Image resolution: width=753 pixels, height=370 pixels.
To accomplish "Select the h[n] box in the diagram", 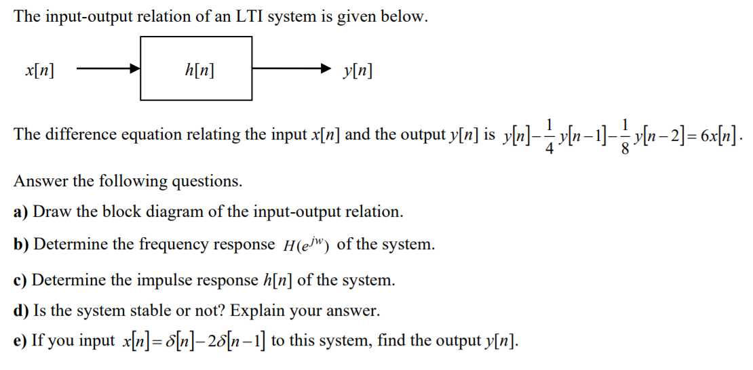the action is (196, 68).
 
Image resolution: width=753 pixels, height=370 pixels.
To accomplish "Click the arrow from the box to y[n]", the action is (292, 68).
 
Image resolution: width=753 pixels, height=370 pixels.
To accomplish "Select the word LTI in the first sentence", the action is (249, 17).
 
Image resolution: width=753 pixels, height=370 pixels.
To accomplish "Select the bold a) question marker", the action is (21, 211).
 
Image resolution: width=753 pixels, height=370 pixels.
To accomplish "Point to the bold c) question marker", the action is (21, 280).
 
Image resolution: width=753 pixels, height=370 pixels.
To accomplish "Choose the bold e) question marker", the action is (21, 341).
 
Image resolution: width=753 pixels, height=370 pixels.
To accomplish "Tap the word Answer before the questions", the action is (40, 181).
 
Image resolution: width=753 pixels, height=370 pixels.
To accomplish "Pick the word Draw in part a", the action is (53, 211).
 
